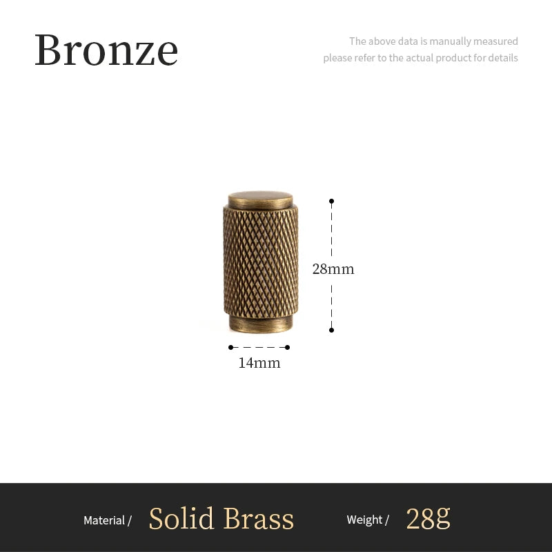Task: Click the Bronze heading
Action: (x=106, y=50)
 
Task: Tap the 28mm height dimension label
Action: (x=333, y=269)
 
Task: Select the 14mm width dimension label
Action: (x=259, y=363)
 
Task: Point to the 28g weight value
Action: (x=428, y=519)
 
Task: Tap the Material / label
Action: (x=108, y=520)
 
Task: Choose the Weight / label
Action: (x=368, y=520)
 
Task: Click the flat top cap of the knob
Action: (x=260, y=199)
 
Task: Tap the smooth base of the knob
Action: (x=260, y=323)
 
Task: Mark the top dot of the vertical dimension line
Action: (x=331, y=201)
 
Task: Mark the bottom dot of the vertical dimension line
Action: (x=331, y=330)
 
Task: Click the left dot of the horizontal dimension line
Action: (x=230, y=347)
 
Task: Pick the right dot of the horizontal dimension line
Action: (x=288, y=347)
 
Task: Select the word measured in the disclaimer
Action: (x=496, y=41)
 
